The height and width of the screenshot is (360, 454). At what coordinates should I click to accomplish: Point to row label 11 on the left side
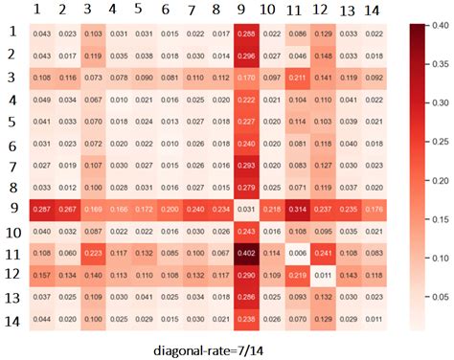coord(12,257)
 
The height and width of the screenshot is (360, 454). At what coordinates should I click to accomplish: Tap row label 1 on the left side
coord(12,32)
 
